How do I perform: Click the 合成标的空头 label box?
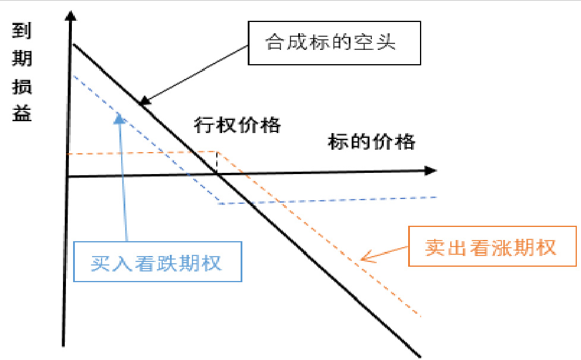pyautogui.click(x=334, y=43)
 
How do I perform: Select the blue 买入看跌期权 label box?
pyautogui.click(x=157, y=262)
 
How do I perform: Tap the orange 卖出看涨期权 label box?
pyautogui.click(x=492, y=246)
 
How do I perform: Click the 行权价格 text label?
pyautogui.click(x=237, y=125)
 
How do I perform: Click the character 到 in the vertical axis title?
pyautogui.click(x=22, y=31)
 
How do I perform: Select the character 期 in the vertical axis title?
pyautogui.click(x=22, y=59)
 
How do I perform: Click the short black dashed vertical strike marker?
pyautogui.click(x=217, y=162)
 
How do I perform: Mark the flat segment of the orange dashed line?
pyautogui.click(x=143, y=153)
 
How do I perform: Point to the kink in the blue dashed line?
pyautogui.click(x=220, y=204)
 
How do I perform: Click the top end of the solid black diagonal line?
pyautogui.click(x=73, y=45)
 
